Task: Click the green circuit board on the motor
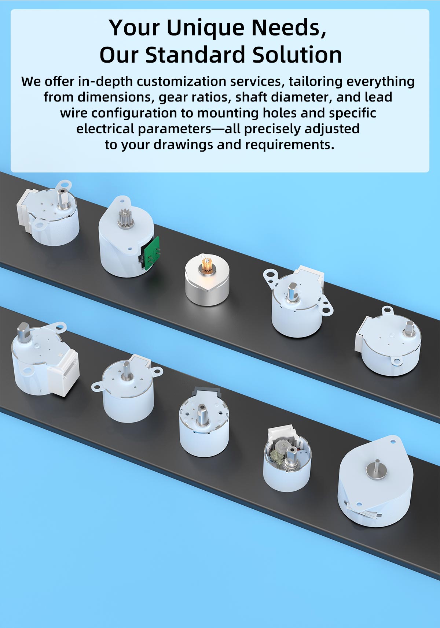(x=151, y=253)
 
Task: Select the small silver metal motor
(x=207, y=280)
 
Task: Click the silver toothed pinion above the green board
(x=124, y=217)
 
